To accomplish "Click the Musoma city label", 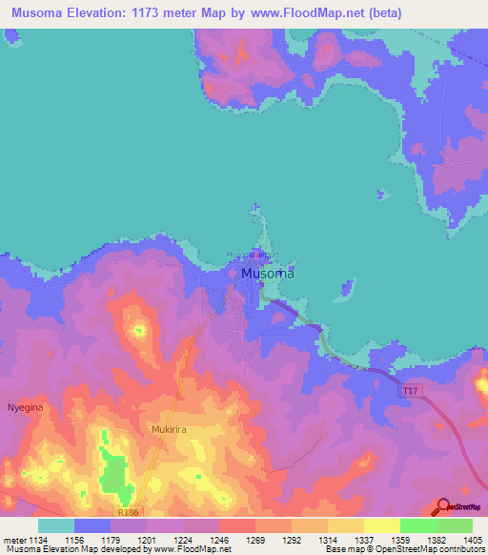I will click(267, 273).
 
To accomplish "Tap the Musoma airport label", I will click(253, 256).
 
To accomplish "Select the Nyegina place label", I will click(25, 405).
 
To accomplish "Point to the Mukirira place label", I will click(173, 430).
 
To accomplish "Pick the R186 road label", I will click(130, 512).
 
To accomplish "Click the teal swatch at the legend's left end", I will click(55, 524).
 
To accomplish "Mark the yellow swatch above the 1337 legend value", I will click(345, 524).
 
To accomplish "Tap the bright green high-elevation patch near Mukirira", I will click(114, 474).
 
